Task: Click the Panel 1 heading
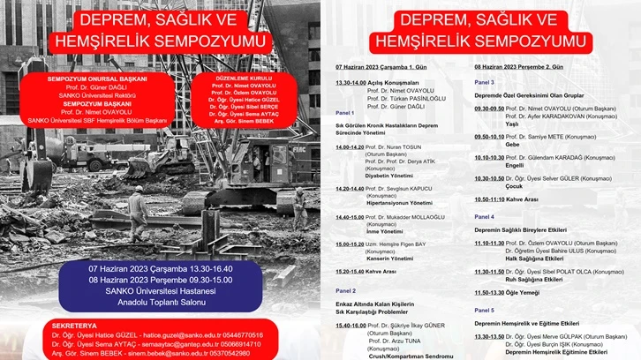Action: tap(345, 113)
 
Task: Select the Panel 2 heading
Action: tap(345, 290)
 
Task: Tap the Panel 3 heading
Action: tap(484, 81)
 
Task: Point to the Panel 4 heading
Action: tap(484, 216)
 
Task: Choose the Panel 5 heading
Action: tap(484, 310)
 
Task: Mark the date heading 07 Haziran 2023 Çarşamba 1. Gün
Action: tap(381, 67)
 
